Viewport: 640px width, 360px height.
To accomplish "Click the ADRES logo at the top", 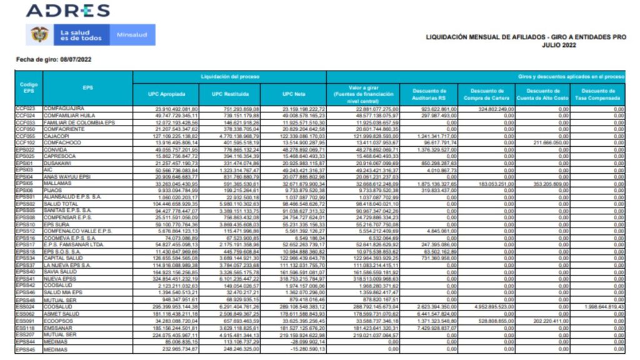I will click(x=68, y=11).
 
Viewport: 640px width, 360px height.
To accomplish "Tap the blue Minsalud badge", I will click(x=134, y=35).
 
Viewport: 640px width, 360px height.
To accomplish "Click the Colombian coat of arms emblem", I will click(x=39, y=35).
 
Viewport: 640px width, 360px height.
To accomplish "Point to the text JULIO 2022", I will click(x=560, y=46).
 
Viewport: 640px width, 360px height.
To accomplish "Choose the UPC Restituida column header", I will click(x=230, y=94).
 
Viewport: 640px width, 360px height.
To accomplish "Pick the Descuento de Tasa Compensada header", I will click(x=599, y=94).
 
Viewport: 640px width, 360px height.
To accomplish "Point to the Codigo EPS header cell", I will click(x=29, y=87).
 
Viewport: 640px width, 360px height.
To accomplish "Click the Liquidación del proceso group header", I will click(x=229, y=76).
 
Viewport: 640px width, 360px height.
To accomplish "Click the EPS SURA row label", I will click(x=57, y=223).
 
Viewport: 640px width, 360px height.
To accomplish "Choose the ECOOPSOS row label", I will click(x=59, y=320).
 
